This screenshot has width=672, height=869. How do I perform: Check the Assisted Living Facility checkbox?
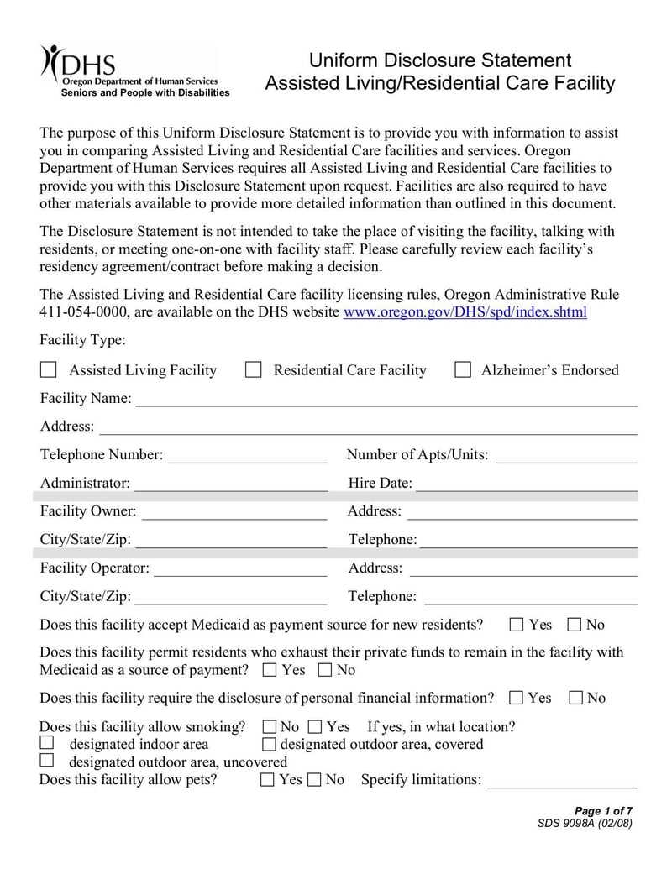point(49,370)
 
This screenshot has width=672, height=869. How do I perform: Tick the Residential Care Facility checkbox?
point(253,370)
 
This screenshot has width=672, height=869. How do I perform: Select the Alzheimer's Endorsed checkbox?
point(462,370)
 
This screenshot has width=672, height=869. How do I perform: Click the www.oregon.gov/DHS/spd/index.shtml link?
point(465,312)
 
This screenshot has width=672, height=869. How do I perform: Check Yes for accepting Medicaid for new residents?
point(517,625)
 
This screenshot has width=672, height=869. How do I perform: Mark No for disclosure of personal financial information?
point(576,698)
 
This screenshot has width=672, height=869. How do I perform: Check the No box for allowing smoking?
point(270,726)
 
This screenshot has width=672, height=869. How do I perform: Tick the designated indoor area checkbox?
point(47,743)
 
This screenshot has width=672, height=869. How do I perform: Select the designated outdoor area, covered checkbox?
point(269,744)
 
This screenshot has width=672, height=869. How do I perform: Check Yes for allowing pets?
point(267,780)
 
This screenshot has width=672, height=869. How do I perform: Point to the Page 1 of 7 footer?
point(603,810)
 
